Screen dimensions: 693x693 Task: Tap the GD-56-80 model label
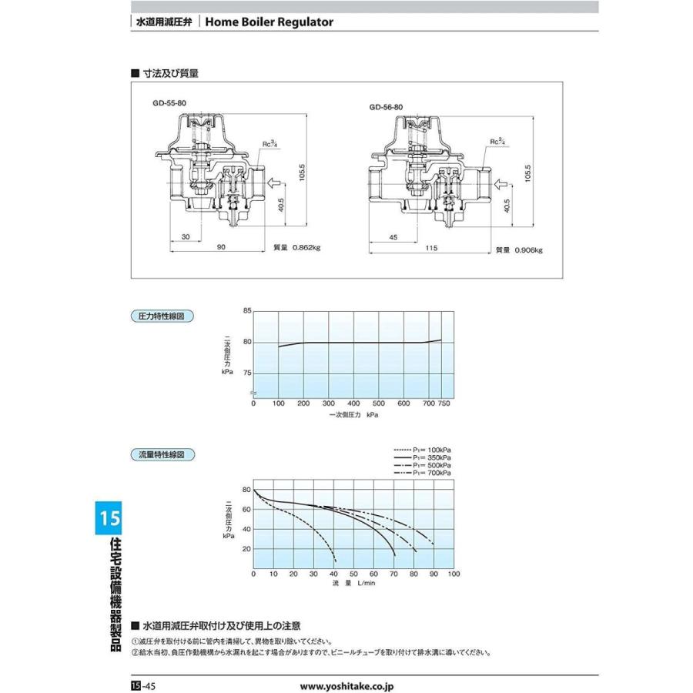tap(385, 107)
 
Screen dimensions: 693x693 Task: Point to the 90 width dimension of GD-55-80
tap(221, 248)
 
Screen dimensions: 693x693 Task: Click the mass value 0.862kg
tap(307, 248)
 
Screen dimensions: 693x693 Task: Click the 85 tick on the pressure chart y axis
tap(246, 310)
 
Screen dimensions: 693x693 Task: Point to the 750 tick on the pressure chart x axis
tap(444, 403)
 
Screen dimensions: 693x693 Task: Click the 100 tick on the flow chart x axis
tap(454, 574)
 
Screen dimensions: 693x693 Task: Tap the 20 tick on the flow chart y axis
tap(246, 548)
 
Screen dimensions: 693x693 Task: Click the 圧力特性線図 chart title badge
tap(162, 316)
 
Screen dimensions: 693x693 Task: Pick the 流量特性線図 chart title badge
tap(162, 455)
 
